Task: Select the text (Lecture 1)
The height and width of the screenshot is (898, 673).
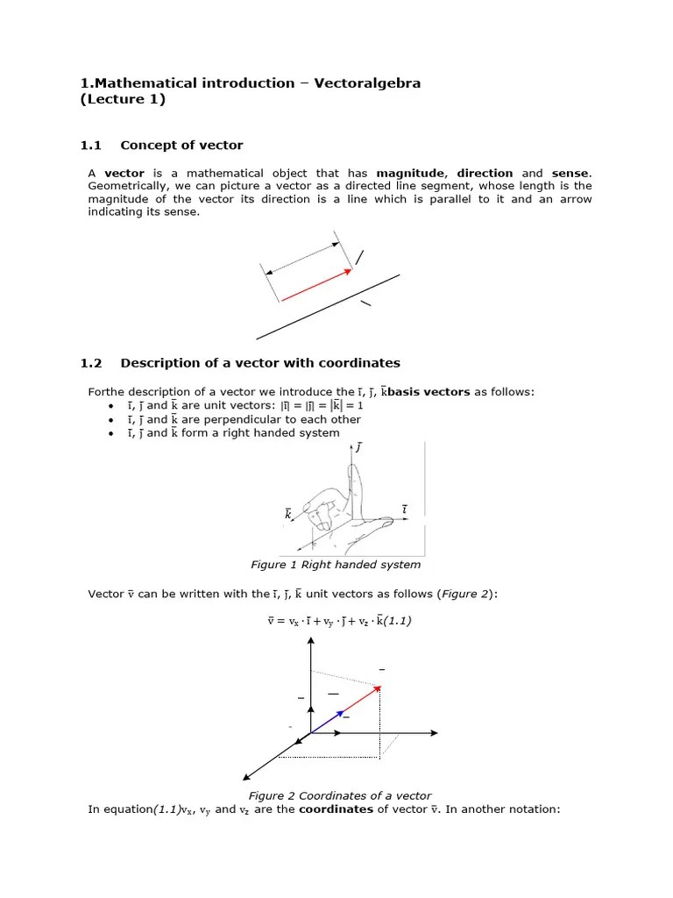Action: click(x=123, y=100)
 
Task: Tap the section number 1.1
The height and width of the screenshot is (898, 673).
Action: click(x=91, y=146)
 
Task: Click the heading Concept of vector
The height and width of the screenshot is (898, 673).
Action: click(x=181, y=146)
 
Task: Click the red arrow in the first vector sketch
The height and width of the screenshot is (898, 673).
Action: click(x=315, y=285)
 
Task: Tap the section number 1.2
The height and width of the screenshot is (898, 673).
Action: click(x=91, y=363)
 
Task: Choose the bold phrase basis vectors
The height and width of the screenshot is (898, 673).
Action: click(x=429, y=391)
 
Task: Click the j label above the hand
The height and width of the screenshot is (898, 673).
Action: click(x=358, y=448)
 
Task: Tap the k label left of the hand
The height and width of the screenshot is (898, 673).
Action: click(x=287, y=515)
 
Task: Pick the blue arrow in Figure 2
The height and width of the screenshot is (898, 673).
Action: click(x=326, y=722)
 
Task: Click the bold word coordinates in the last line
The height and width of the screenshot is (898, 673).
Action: click(x=336, y=809)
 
